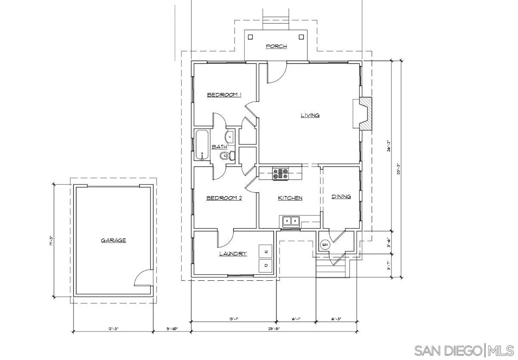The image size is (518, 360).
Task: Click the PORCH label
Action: tap(276, 46)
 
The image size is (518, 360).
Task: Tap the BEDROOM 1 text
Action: tap(224, 95)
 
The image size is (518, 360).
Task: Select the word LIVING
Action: tap(310, 115)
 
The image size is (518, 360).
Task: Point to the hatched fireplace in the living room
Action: tap(365, 113)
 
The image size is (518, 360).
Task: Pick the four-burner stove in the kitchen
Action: tap(280, 174)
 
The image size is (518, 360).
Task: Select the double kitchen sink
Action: tap(291, 221)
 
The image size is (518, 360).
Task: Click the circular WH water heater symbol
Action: tap(325, 245)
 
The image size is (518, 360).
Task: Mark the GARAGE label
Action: tap(113, 240)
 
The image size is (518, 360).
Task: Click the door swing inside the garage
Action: tap(143, 278)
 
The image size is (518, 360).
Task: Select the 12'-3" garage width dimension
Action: tap(113, 329)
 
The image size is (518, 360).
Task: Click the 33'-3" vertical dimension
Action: tap(399, 169)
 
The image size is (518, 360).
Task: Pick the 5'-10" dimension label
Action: tap(172, 329)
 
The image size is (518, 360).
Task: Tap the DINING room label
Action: tap(341, 196)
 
